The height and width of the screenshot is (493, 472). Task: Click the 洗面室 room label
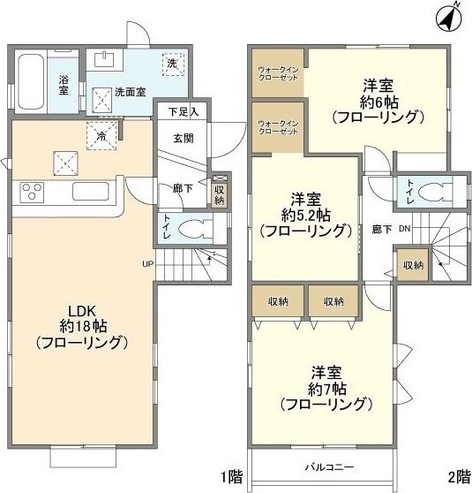pos(129,92)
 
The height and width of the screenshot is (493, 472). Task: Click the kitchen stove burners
pos(32,190)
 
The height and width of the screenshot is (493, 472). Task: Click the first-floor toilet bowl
pos(194,228)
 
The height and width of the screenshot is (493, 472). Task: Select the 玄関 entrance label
pos(184,138)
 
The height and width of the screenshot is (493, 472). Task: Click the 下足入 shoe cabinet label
pos(183,111)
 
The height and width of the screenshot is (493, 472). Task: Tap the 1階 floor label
pos(234,477)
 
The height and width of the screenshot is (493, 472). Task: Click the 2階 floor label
pos(458,477)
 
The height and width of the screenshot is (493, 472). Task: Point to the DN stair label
pos(404,229)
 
